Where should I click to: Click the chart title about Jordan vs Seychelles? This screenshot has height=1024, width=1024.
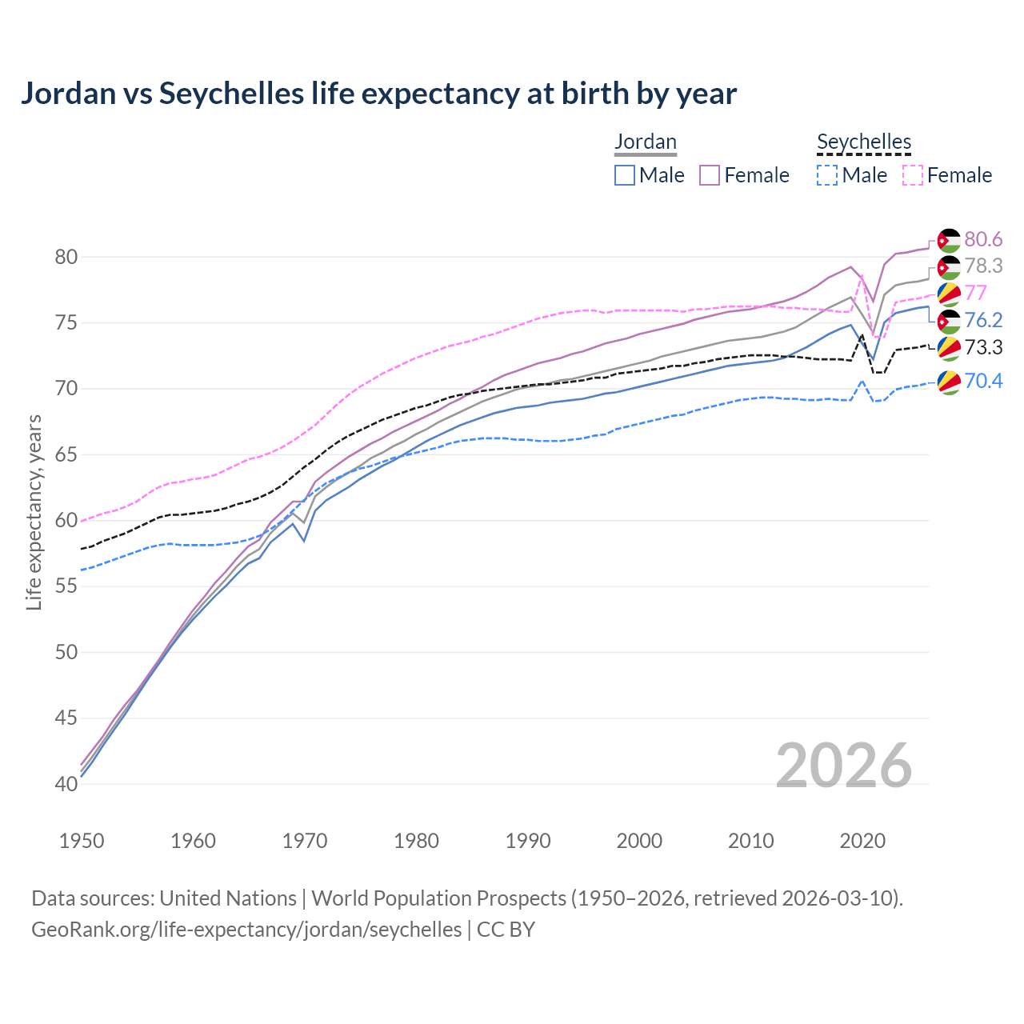(378, 94)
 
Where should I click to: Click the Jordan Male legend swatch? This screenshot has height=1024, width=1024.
(625, 175)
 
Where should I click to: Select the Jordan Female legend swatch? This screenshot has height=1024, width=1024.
(710, 175)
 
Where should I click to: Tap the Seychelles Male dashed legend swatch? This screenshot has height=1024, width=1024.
(827, 175)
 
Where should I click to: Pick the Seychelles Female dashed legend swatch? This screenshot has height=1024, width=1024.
(913, 175)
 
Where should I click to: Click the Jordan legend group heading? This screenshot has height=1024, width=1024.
(646, 142)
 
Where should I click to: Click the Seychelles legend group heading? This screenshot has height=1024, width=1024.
(864, 142)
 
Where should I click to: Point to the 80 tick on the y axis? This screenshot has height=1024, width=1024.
(66, 257)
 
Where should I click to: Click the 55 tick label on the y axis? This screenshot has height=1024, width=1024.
(66, 586)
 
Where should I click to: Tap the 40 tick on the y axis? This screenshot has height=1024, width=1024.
(66, 784)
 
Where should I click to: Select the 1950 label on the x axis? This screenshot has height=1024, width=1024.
(82, 841)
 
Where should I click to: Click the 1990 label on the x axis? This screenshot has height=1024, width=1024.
(528, 841)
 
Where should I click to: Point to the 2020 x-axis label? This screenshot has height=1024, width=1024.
(862, 841)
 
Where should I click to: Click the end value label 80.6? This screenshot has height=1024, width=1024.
(983, 239)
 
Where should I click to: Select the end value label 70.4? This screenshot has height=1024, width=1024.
(983, 381)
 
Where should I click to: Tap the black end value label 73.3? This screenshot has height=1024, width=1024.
(983, 347)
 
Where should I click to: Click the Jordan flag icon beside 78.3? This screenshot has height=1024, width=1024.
(949, 267)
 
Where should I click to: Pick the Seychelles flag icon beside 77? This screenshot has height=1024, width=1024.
(949, 294)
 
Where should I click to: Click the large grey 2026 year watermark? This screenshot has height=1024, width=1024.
(844, 766)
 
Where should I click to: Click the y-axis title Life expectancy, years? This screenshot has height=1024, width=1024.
(34, 512)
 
